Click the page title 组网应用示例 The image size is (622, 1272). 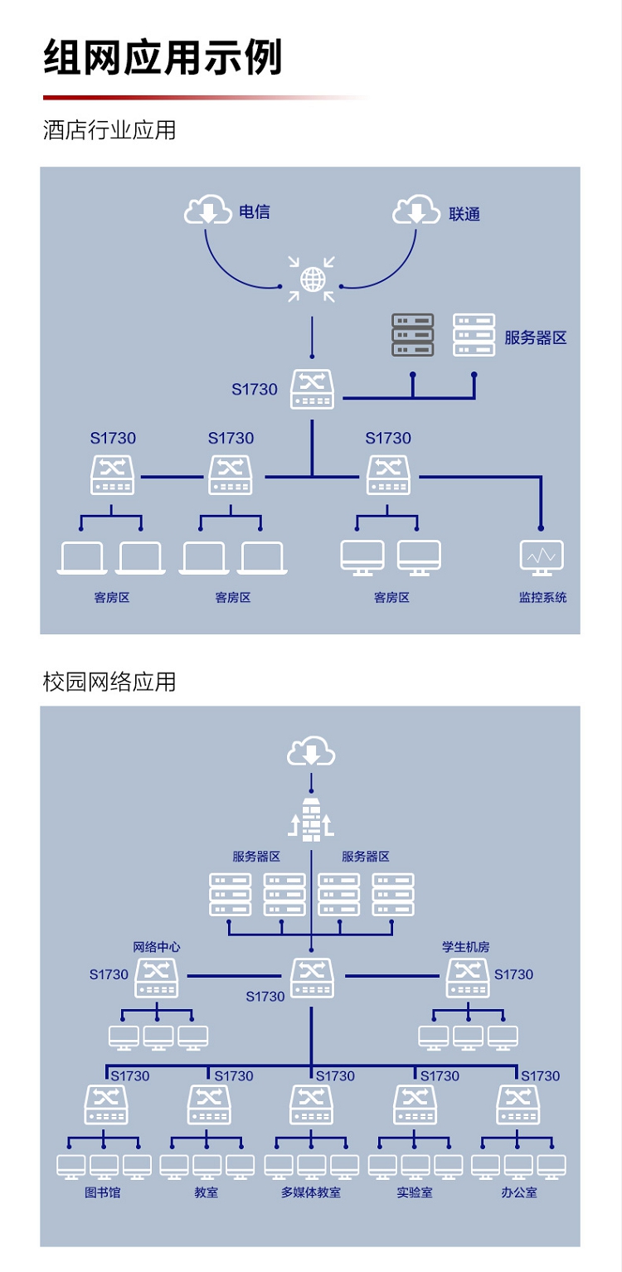point(163,58)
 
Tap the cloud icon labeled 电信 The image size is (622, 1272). point(207,210)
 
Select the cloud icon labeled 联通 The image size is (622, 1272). point(416,210)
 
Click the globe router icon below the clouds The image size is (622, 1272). point(313,279)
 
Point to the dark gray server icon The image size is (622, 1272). point(413,335)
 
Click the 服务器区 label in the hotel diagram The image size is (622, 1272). point(535,338)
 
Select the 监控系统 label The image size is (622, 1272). point(542,597)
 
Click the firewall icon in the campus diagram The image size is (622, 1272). point(311,820)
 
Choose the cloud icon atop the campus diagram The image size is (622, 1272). point(311,753)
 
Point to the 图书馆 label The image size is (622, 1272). point(103,1192)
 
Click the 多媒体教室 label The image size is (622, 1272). point(311,1192)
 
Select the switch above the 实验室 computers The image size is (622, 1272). point(415,1105)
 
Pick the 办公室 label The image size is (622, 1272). point(518,1192)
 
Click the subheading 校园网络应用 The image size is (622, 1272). point(109,682)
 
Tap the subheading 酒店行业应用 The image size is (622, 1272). point(109,130)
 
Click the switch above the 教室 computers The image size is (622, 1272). point(209,1105)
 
